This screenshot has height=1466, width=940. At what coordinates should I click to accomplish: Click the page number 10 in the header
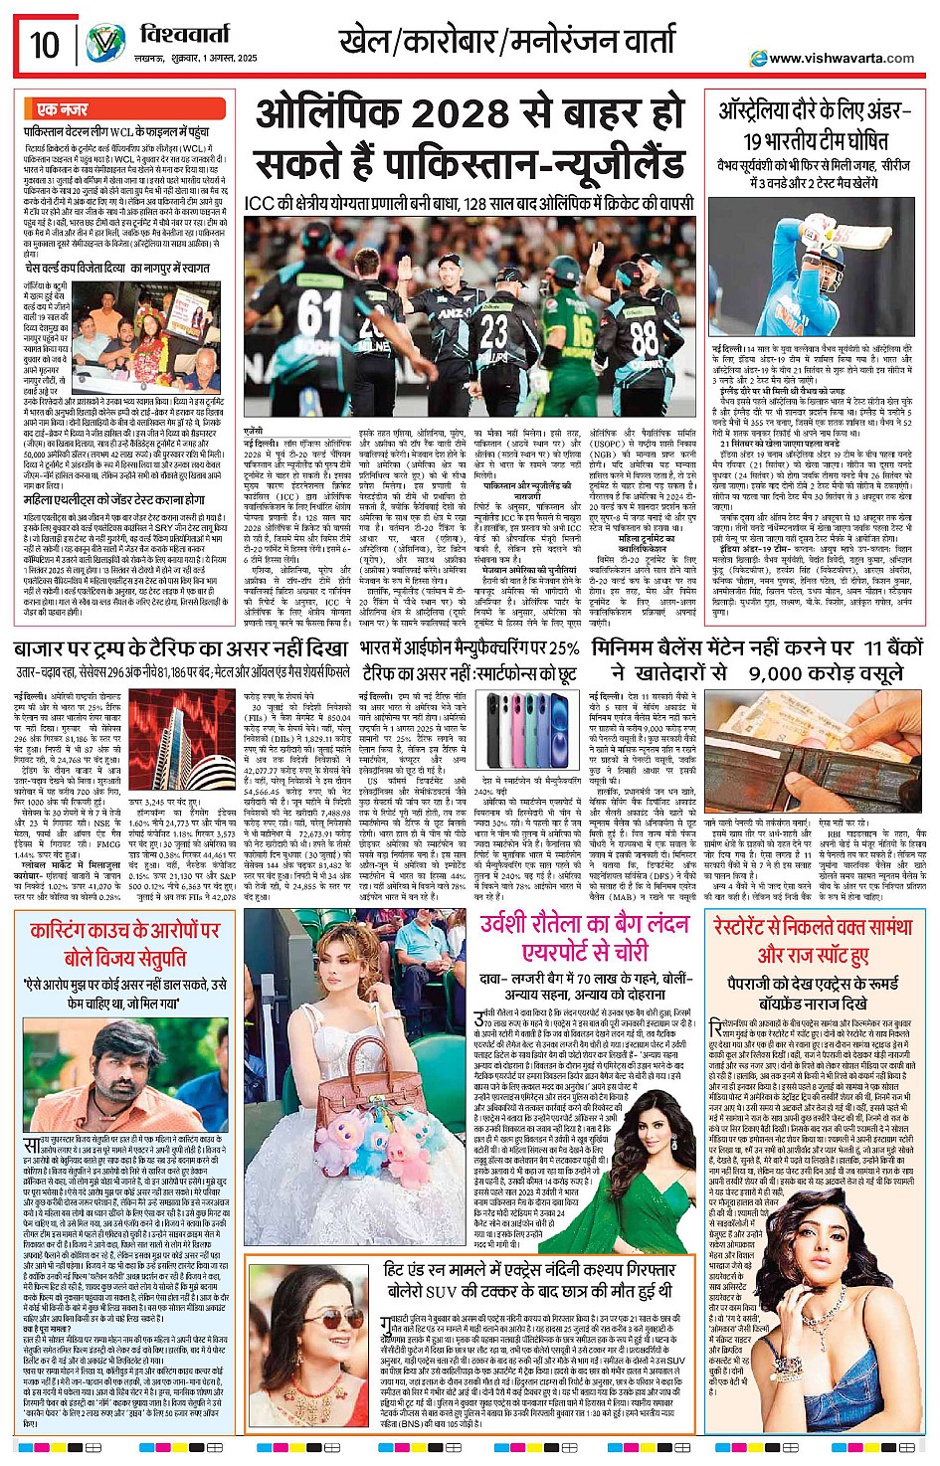tap(44, 45)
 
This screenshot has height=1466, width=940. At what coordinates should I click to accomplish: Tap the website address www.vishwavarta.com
tap(841, 58)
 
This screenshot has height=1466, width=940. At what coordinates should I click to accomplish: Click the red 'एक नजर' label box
tap(62, 109)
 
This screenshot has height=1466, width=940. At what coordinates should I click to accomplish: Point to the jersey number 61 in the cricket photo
tap(320, 313)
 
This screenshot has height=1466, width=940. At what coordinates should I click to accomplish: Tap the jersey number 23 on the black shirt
tap(493, 329)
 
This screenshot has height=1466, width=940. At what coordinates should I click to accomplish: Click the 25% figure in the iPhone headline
tap(561, 648)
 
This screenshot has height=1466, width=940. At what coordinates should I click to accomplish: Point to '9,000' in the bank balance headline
tap(789, 673)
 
